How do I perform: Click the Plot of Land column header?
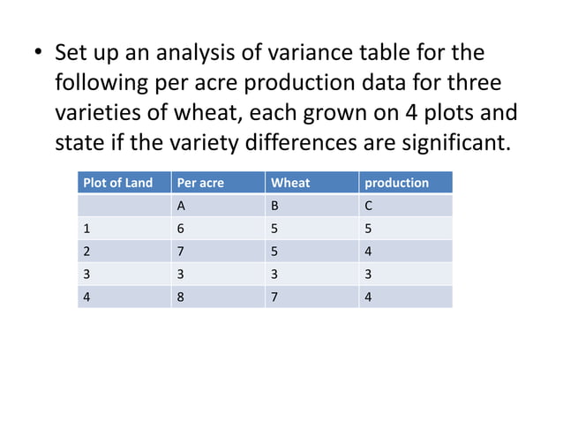pyautogui.click(x=117, y=183)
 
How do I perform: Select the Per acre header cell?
pyautogui.click(x=200, y=183)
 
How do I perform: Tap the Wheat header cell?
pyautogui.click(x=290, y=183)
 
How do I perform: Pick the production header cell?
pyautogui.click(x=396, y=183)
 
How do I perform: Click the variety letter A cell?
pyautogui.click(x=181, y=206)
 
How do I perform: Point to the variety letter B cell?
pyautogui.click(x=275, y=206)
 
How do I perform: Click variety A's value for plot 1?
pyautogui.click(x=181, y=228)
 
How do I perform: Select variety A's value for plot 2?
pyautogui.click(x=181, y=251)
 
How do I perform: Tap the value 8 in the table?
pyautogui.click(x=181, y=297)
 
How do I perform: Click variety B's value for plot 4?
pyautogui.click(x=275, y=297)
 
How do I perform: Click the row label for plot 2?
pyautogui.click(x=86, y=251)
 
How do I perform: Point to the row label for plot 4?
pyautogui.click(x=86, y=297)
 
